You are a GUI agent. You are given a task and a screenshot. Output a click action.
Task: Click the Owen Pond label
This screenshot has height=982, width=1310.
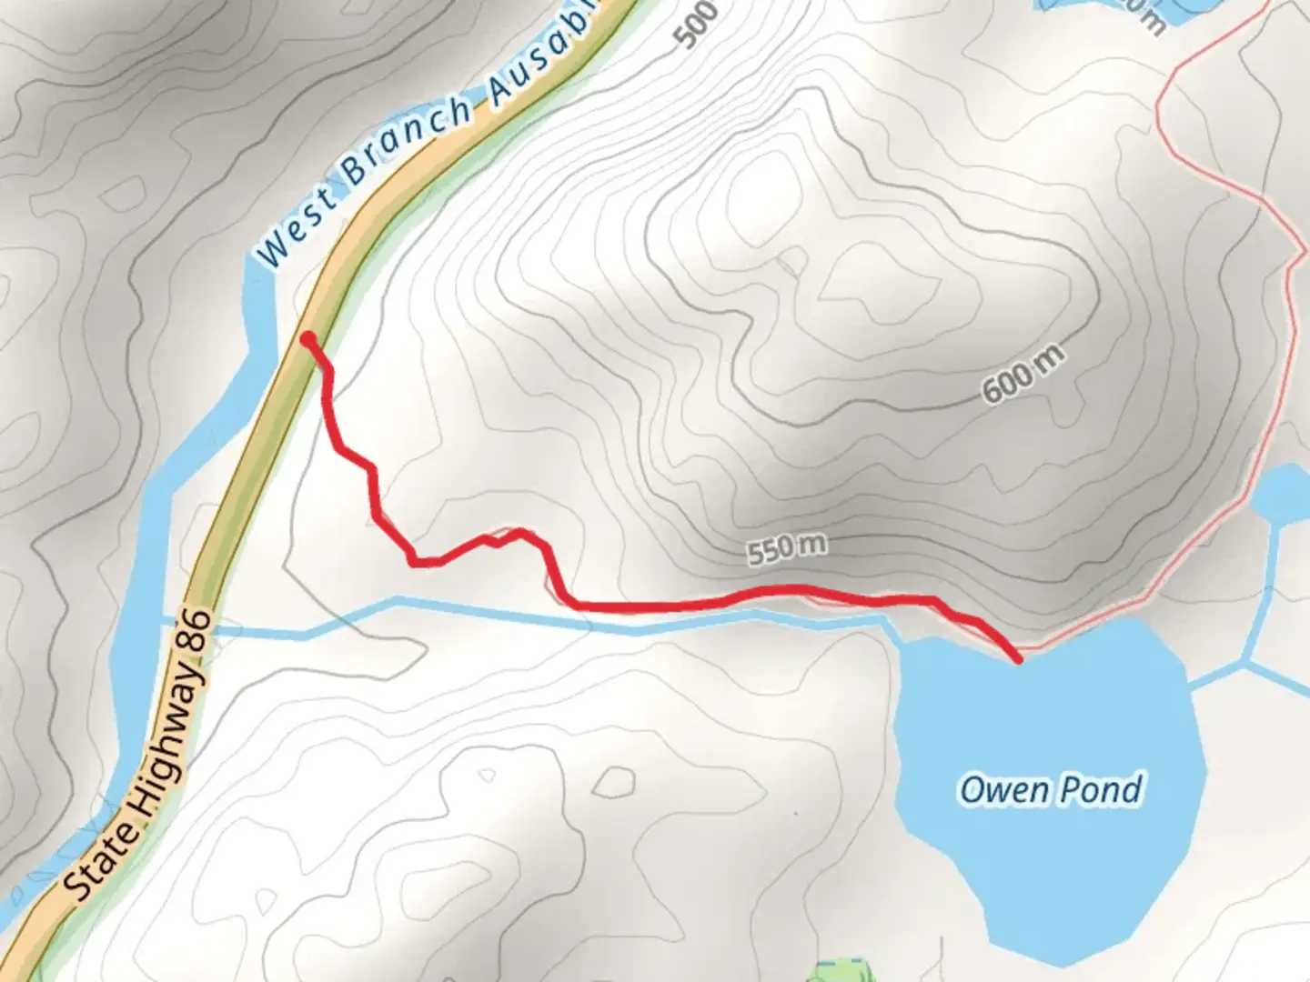pos(1051,789)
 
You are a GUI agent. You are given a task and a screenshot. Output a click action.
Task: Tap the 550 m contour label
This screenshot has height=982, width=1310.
pos(787,548)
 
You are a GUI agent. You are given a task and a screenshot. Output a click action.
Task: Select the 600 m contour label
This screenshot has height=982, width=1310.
pos(1023,375)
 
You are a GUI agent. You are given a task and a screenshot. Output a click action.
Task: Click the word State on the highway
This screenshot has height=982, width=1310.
pos(101,857)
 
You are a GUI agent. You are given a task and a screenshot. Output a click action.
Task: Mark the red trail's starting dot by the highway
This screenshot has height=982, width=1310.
pos(308,339)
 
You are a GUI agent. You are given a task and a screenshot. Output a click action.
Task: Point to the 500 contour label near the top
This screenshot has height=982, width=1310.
pos(698,22)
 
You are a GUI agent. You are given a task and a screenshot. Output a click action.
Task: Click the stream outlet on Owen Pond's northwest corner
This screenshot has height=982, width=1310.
pos(901,639)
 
